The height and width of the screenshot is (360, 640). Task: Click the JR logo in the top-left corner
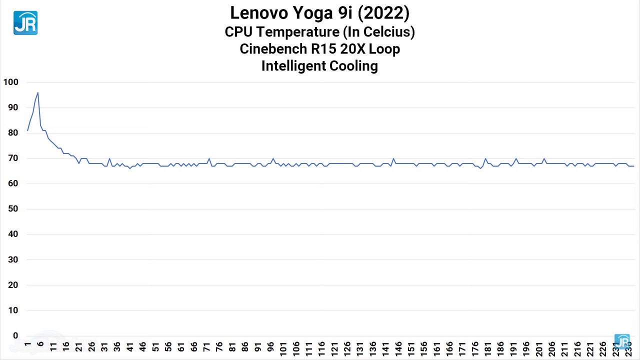click(x=25, y=23)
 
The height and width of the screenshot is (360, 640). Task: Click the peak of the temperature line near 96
click(x=37, y=92)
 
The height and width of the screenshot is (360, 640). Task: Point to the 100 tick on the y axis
click(x=10, y=82)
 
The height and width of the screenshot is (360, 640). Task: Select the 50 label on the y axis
click(x=12, y=209)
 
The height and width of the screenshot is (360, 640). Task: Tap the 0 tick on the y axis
click(x=15, y=336)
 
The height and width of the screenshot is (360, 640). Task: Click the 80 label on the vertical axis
click(x=12, y=133)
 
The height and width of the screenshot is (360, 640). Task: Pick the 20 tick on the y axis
click(x=12, y=285)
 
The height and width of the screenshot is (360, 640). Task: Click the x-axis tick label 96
click(x=270, y=346)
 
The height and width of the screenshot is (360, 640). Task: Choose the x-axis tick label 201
click(x=539, y=346)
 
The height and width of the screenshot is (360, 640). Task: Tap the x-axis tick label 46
click(x=142, y=346)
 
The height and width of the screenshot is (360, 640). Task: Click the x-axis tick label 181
click(x=488, y=346)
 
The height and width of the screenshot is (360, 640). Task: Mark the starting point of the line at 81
click(x=27, y=130)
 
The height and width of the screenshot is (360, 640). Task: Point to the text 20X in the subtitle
click(x=353, y=49)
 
